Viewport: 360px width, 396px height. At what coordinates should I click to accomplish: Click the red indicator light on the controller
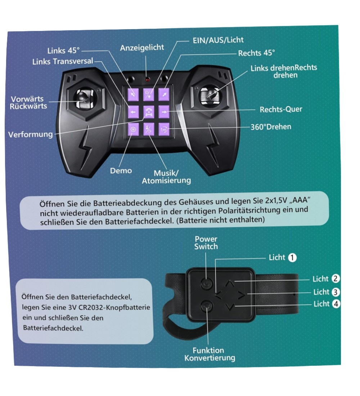147,78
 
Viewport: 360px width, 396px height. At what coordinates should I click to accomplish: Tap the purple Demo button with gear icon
133,130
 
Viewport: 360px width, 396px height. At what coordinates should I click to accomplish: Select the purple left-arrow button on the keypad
133,112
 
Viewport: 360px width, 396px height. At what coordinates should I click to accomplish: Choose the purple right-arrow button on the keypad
164,112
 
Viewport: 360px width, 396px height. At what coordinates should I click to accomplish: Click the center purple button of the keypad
148,112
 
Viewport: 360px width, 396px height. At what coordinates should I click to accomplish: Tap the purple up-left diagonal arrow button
133,94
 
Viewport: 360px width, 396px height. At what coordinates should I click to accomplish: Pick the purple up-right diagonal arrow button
164,94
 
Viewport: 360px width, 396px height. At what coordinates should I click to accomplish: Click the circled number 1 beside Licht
293,257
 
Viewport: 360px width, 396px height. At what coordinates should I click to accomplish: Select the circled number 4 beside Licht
336,304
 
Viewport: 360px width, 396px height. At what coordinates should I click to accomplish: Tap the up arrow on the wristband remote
229,284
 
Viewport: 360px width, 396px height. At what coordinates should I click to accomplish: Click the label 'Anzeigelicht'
142,48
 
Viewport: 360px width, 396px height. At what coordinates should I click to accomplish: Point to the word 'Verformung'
31,135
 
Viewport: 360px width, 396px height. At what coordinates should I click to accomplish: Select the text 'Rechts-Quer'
281,109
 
